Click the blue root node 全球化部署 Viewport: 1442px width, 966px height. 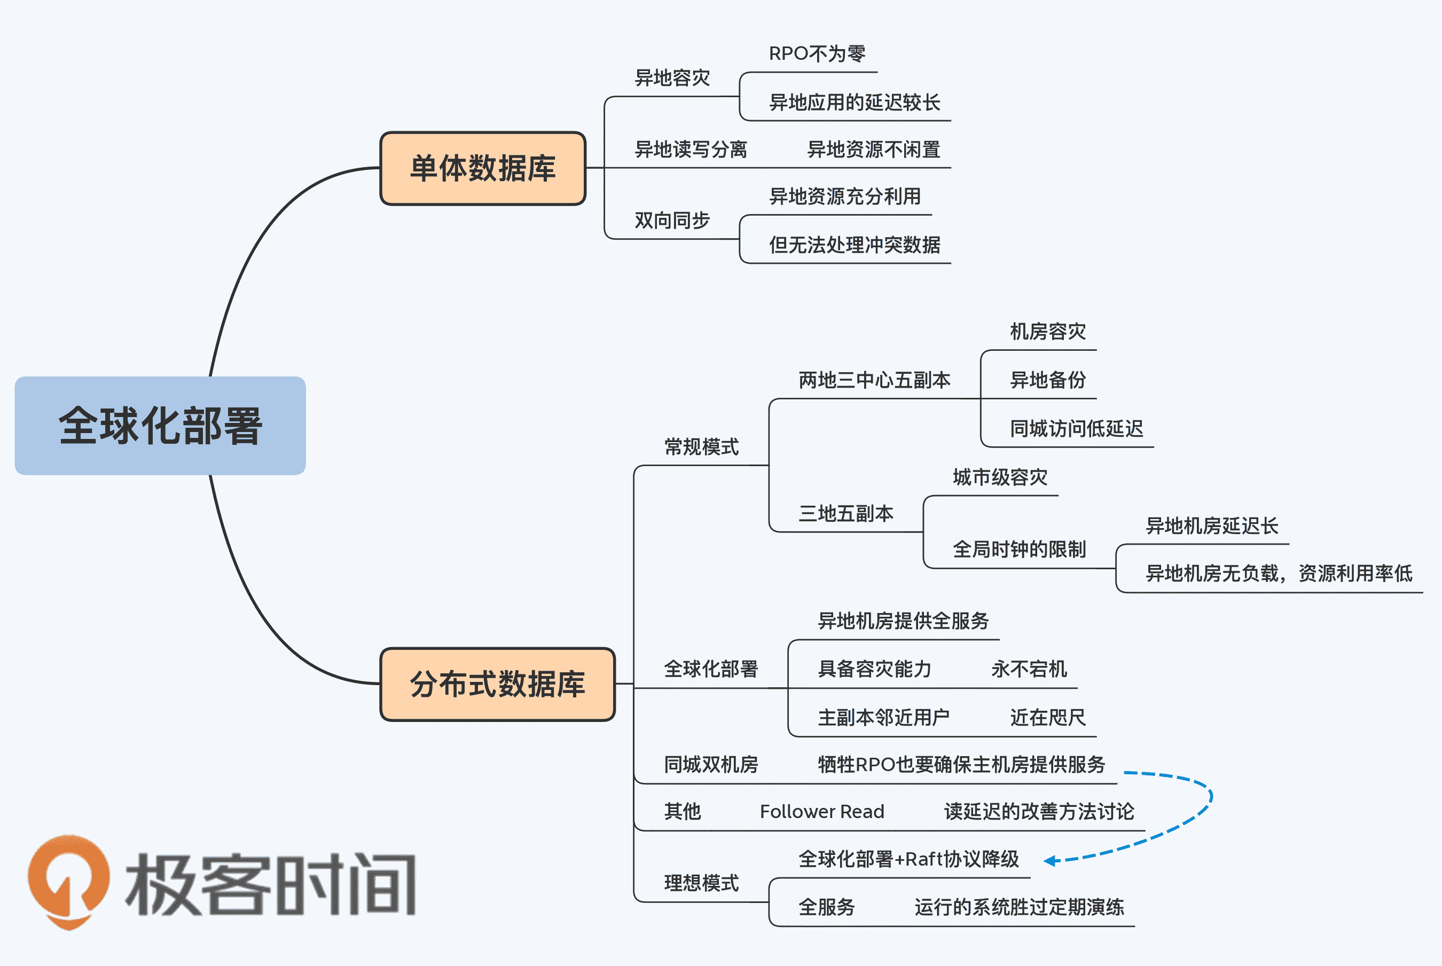[160, 426]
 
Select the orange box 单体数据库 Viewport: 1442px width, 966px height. [482, 168]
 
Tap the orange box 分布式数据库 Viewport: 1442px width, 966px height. [497, 684]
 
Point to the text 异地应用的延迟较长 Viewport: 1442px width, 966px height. [855, 103]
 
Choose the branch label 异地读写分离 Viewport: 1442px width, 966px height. [691, 150]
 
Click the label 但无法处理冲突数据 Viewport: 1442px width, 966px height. [855, 245]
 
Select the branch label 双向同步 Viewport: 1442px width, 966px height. [672, 221]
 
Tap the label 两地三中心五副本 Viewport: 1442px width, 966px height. [874, 380]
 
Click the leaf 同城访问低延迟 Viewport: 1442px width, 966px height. [1076, 429]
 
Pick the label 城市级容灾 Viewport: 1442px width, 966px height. [1000, 477]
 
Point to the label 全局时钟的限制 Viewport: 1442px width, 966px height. [1019, 549]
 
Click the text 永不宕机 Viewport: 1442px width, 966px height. [1029, 669]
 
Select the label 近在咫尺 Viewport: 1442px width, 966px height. [1048, 718]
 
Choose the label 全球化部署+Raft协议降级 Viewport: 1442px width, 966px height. [908, 859]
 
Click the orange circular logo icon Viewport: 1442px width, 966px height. [69, 881]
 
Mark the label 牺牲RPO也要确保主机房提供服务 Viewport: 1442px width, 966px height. [961, 765]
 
